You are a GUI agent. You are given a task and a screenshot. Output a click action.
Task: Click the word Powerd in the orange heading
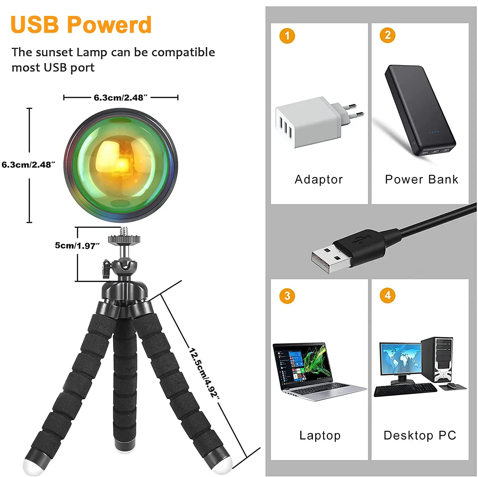(x=109, y=25)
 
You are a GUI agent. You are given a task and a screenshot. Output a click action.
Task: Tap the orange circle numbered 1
(x=287, y=36)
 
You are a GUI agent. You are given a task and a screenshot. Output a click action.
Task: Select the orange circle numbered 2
(x=387, y=35)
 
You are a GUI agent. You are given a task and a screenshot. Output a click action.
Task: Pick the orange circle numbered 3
(x=287, y=296)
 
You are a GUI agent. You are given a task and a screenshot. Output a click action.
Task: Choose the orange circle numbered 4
(x=387, y=295)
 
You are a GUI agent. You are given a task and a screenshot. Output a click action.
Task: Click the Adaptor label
(x=319, y=180)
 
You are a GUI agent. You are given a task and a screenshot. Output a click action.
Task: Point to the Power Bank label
(x=421, y=180)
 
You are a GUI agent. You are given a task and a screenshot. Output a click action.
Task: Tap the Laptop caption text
(x=320, y=436)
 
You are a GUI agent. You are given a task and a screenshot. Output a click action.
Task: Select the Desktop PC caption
(x=420, y=436)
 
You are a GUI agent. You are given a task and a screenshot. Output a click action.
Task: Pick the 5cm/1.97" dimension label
(x=77, y=246)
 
